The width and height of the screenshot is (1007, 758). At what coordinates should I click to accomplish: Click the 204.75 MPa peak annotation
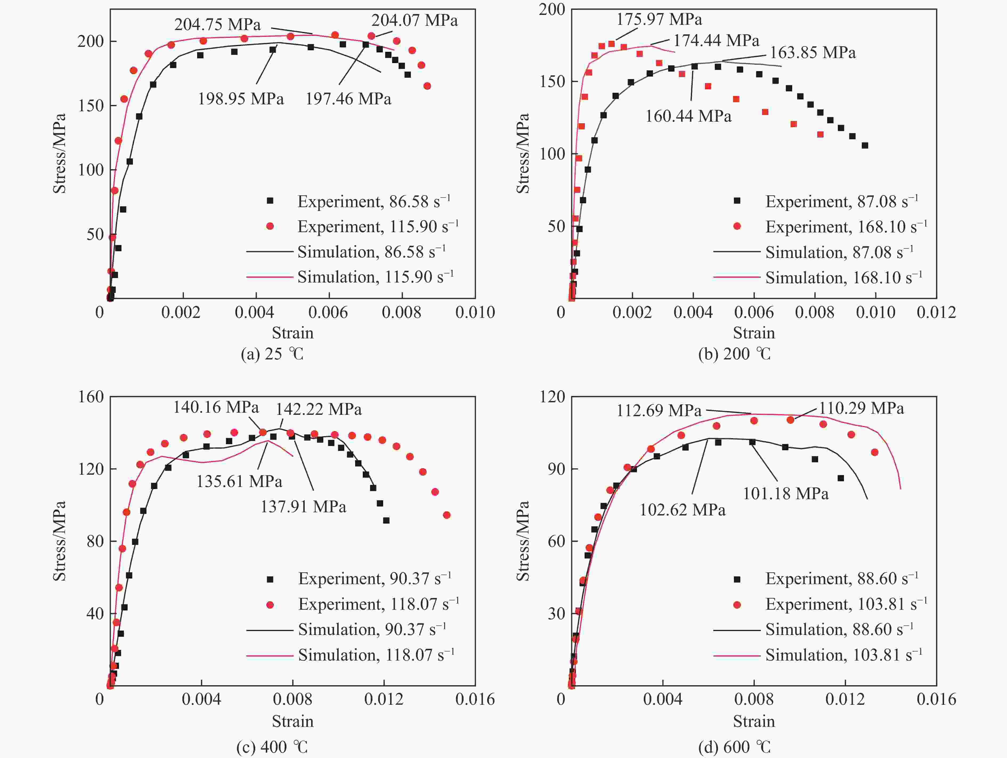218,24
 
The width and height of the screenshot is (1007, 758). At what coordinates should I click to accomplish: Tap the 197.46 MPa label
348,99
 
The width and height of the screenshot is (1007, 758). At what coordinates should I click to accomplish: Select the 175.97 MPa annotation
659,19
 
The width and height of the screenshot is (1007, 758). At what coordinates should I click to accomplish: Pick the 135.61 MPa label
239,481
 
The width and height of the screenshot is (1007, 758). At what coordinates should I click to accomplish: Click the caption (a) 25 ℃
272,354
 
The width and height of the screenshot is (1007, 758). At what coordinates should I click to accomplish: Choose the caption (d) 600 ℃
734,747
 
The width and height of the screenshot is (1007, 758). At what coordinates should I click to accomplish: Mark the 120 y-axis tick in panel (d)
552,397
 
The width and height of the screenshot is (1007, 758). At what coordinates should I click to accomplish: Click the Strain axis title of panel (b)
753,333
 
